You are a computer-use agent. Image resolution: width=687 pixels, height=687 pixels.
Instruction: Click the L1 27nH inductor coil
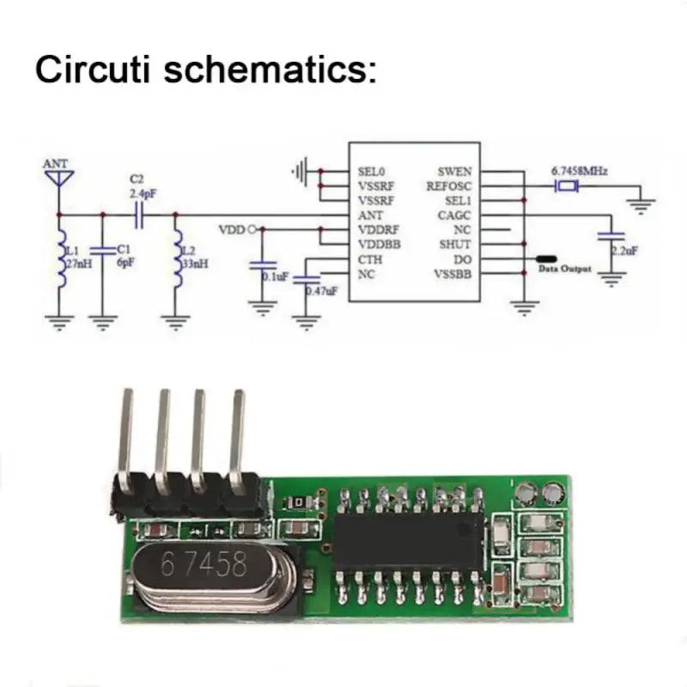[60, 255]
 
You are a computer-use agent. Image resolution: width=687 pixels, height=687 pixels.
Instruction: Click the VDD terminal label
[231, 229]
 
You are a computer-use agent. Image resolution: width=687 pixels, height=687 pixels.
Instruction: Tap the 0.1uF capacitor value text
[275, 277]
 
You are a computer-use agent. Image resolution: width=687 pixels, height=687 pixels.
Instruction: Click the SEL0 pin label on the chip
[372, 171]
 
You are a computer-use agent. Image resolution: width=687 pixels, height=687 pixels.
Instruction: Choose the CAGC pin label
[454, 215]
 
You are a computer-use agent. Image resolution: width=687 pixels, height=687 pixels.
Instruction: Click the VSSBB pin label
[453, 274]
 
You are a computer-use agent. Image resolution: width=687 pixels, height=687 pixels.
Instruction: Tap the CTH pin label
[369, 259]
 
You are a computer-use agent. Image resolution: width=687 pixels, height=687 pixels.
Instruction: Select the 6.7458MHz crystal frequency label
[579, 171]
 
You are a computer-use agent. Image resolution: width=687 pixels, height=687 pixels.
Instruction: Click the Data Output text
[565, 270]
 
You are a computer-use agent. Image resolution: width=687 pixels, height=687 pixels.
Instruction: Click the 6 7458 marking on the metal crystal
[204, 565]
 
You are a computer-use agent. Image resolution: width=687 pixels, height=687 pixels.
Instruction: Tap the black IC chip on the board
[408, 541]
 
